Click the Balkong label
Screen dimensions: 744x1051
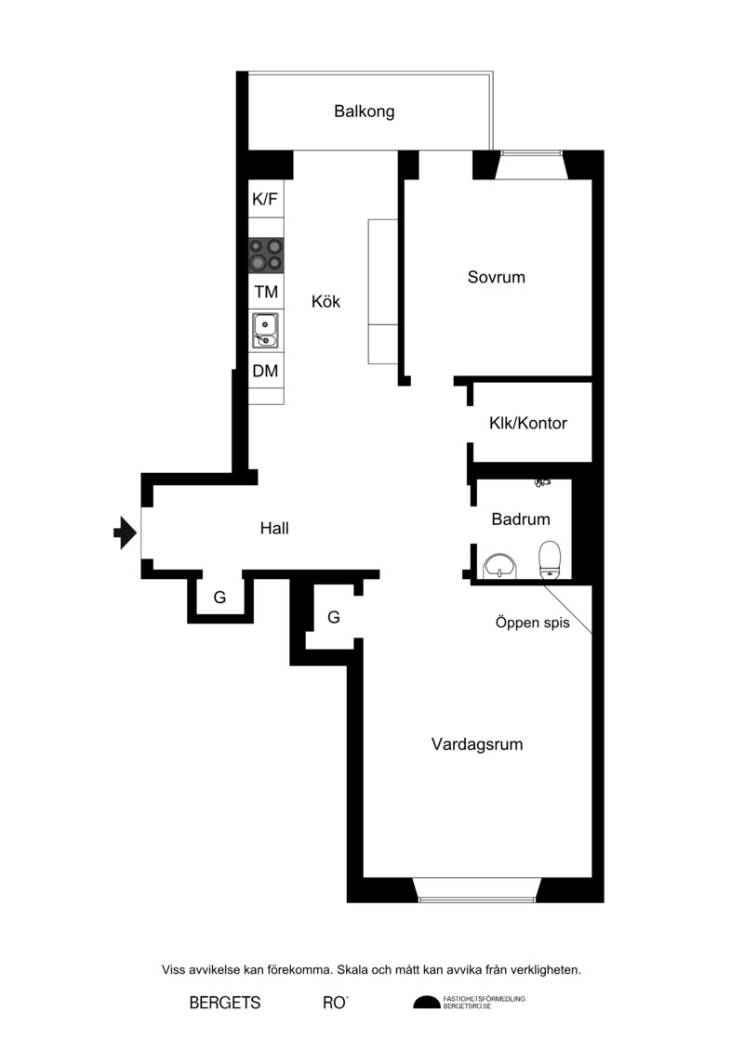click(x=365, y=112)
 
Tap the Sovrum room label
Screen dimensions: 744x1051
click(x=497, y=277)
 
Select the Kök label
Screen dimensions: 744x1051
click(x=326, y=302)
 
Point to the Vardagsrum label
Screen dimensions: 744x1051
click(x=477, y=744)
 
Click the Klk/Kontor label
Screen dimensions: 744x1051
click(x=528, y=423)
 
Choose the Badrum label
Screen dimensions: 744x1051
click(x=521, y=519)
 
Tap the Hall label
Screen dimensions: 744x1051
click(x=274, y=528)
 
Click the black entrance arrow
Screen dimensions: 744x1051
click(x=125, y=532)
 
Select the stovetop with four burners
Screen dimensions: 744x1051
click(x=266, y=255)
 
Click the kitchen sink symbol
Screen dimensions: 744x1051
click(x=266, y=331)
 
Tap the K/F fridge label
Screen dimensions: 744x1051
click(x=265, y=199)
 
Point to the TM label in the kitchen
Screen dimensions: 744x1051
click(x=266, y=292)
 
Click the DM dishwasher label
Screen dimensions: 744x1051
click(x=266, y=371)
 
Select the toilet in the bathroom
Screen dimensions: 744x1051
click(x=550, y=559)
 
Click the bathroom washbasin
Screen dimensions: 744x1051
click(x=500, y=566)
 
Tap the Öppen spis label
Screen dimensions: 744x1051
click(x=533, y=623)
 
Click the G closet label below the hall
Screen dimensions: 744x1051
click(x=219, y=598)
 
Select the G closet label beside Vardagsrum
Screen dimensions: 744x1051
click(x=334, y=617)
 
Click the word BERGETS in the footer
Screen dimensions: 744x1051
click(x=225, y=1003)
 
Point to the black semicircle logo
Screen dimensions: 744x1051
click(x=427, y=1002)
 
